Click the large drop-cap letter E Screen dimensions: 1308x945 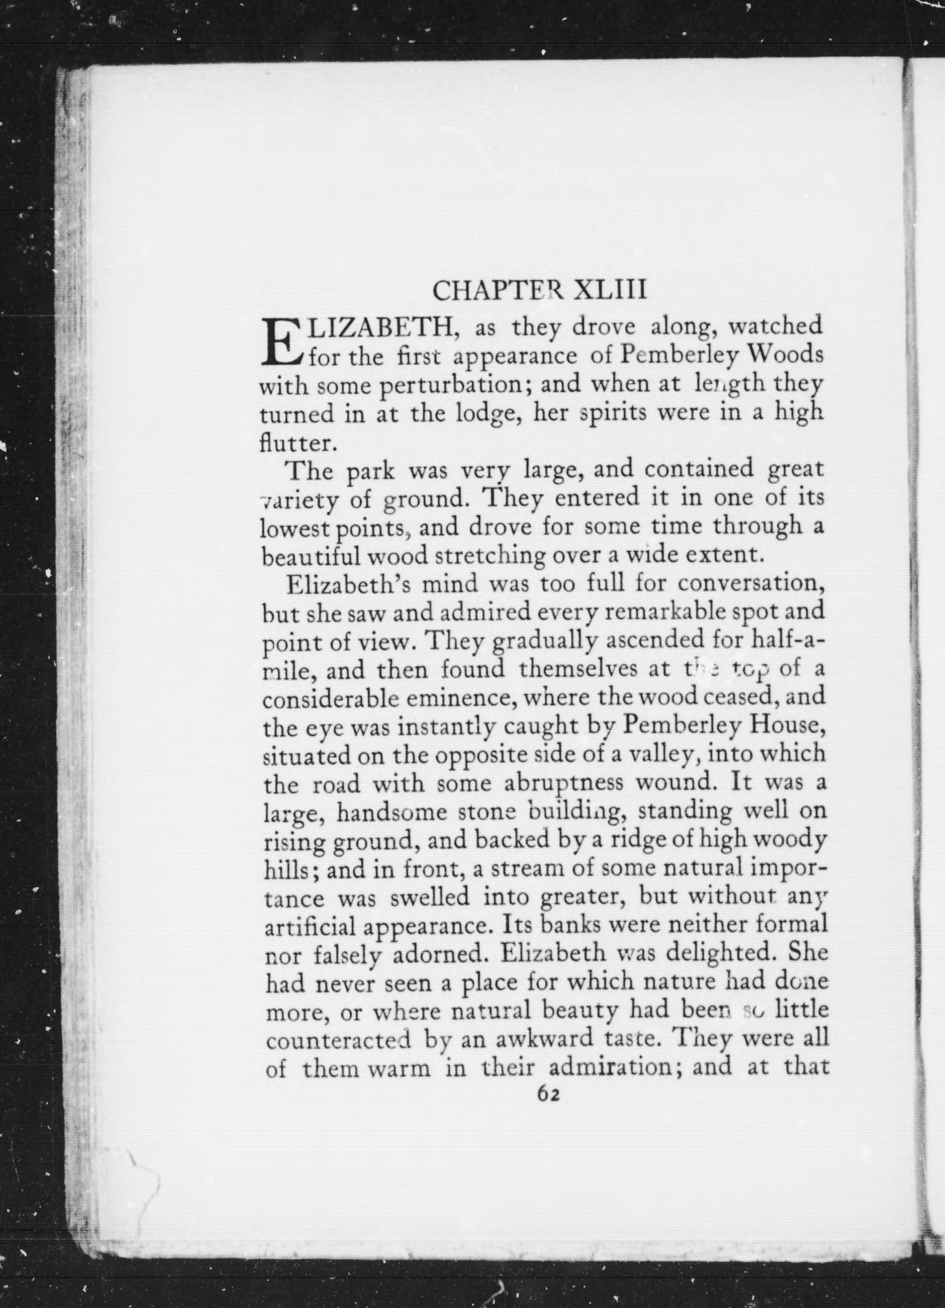tap(281, 343)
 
